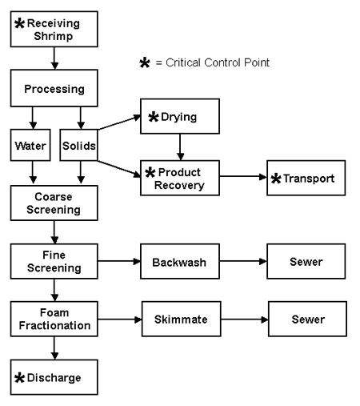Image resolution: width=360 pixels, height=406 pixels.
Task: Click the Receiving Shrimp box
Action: pyautogui.click(x=53, y=28)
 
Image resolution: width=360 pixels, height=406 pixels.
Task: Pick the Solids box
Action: pyautogui.click(x=78, y=147)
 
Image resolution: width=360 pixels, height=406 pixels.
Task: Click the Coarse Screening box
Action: pyautogui.click(x=53, y=204)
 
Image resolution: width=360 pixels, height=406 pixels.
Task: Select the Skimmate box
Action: pyautogui.click(x=181, y=320)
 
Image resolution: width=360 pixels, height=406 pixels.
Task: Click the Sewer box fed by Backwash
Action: pyautogui.click(x=306, y=262)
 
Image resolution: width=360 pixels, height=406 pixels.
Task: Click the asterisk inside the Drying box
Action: pyautogui.click(x=154, y=119)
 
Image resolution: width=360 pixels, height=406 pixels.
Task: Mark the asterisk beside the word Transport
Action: pyautogui.click(x=276, y=179)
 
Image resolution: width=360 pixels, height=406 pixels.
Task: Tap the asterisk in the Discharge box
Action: pyautogui.click(x=20, y=377)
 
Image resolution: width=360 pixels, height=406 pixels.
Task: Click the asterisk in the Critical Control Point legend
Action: pyautogui.click(x=145, y=62)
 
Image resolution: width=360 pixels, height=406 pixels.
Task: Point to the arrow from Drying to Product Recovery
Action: pyautogui.click(x=180, y=148)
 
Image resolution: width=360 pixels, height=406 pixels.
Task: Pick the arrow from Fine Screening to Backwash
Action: pyautogui.click(x=117, y=262)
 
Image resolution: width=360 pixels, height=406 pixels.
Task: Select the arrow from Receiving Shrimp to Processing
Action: pyautogui.click(x=53, y=58)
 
